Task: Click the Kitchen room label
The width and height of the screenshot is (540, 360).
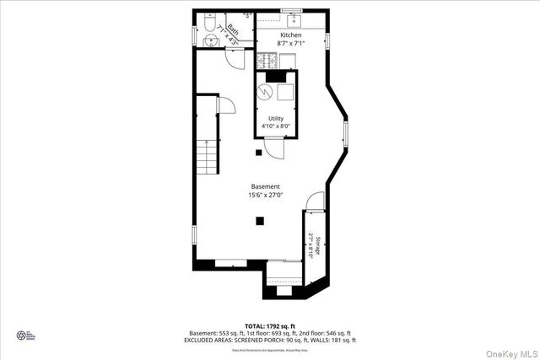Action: [x=290, y=35]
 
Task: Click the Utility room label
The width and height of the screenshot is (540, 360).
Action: [x=276, y=118]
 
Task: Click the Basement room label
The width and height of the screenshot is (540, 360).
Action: [x=265, y=186]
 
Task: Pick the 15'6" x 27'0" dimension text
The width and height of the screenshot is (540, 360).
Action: [x=265, y=196]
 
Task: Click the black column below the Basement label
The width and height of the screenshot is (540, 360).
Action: [x=260, y=221]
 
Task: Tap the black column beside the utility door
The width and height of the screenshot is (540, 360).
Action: [x=260, y=153]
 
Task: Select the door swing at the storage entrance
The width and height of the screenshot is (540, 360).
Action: [x=314, y=201]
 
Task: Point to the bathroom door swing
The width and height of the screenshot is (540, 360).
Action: [x=235, y=56]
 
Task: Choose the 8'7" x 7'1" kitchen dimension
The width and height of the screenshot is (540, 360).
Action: [x=290, y=43]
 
